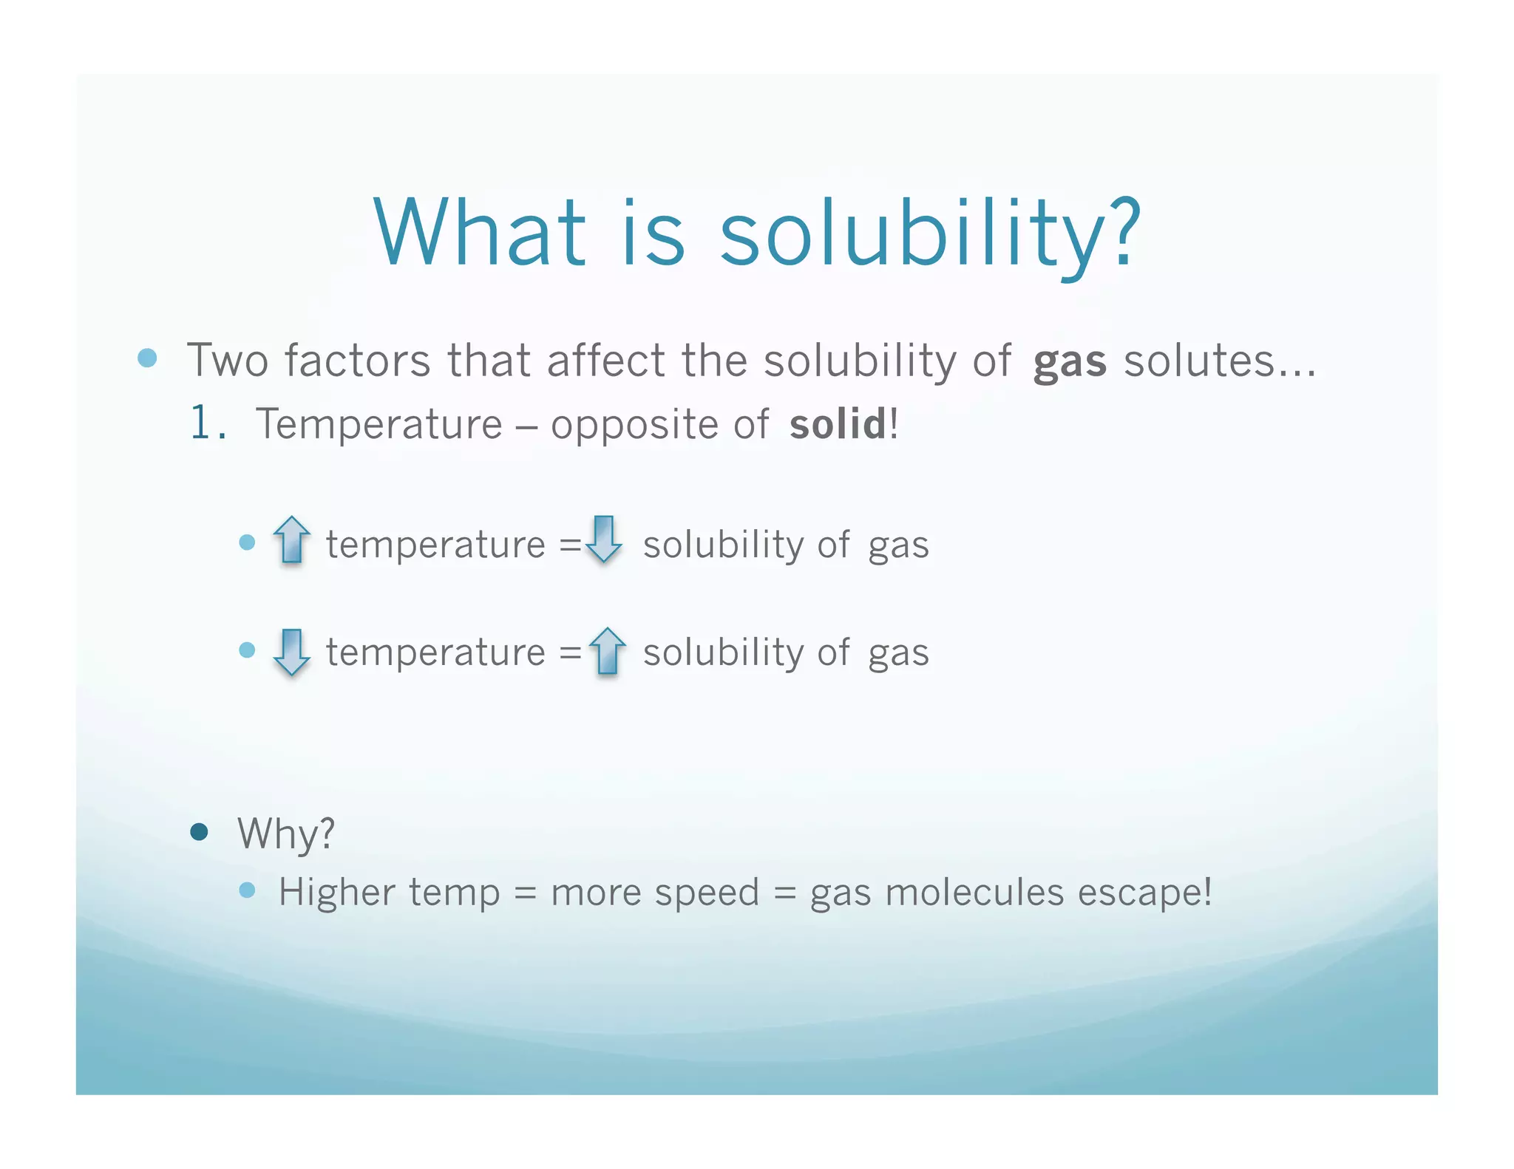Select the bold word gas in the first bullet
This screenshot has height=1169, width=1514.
[1069, 362]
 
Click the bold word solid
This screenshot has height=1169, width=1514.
[837, 424]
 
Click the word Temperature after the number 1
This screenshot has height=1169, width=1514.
[378, 424]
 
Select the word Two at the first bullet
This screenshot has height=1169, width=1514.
[226, 361]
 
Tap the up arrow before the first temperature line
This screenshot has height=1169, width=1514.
[292, 539]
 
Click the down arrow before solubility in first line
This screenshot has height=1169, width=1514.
[604, 539]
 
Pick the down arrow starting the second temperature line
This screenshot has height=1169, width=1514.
[292, 652]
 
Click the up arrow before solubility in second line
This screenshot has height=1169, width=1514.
[607, 651]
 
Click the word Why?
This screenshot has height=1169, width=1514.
[286, 834]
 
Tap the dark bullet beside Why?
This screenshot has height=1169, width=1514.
[199, 833]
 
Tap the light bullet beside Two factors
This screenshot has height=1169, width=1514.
[148, 358]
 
